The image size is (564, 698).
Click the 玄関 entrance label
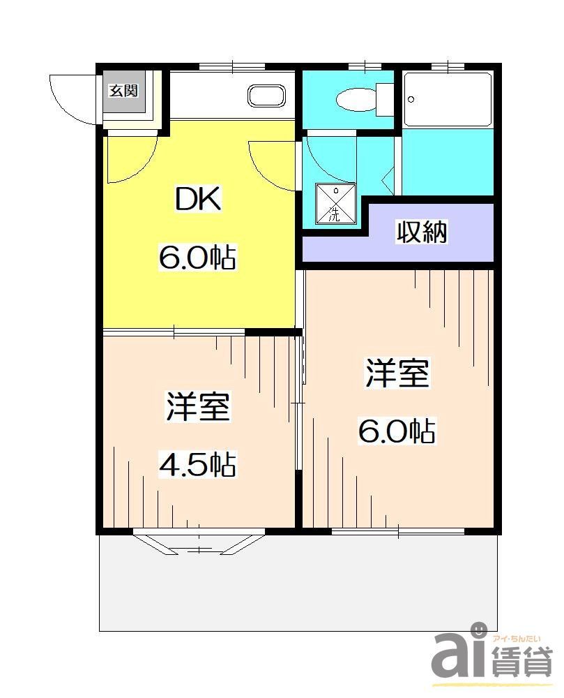tap(124, 91)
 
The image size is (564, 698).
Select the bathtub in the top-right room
tap(447, 99)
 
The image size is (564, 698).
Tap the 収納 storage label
tap(420, 232)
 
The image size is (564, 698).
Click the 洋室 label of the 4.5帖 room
tap(198, 407)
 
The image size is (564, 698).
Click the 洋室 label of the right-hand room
tap(397, 374)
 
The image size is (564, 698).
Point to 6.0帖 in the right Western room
tap(397, 431)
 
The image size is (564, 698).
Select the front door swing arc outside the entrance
tap(73, 98)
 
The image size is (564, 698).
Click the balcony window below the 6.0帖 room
tap(398, 532)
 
